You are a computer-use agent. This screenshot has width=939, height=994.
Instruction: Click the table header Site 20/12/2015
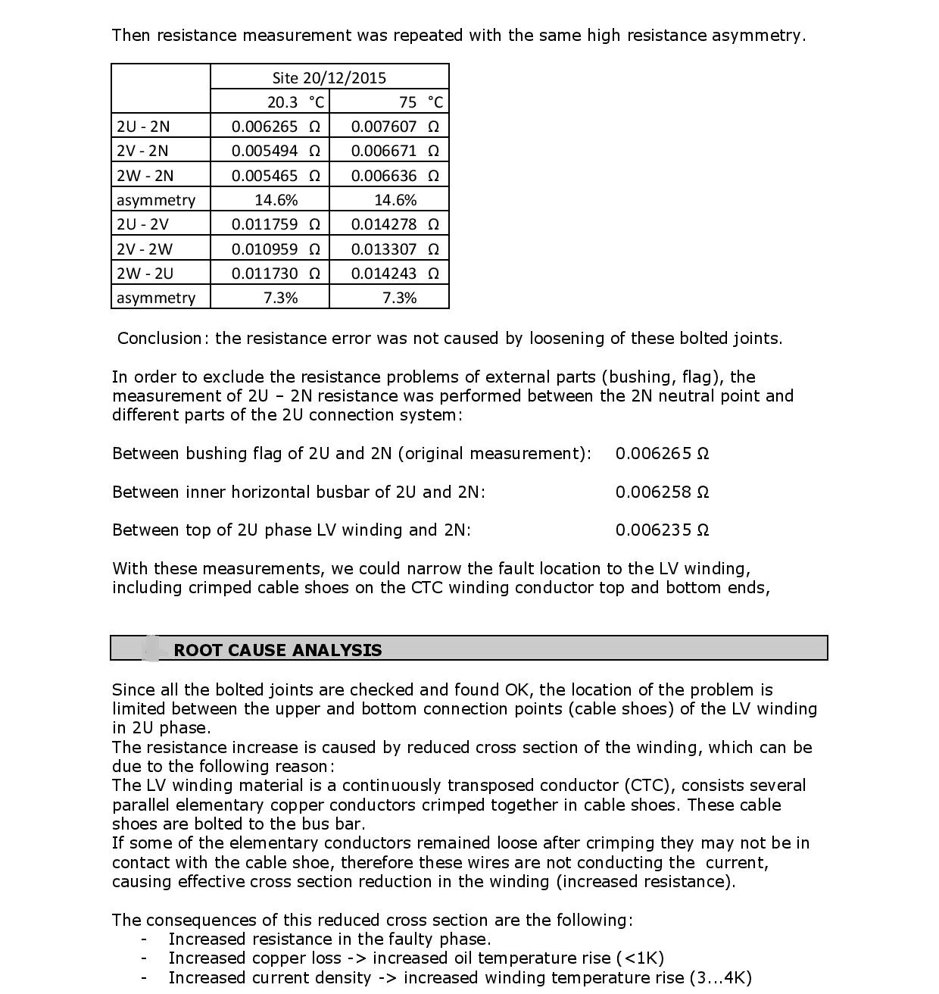click(x=329, y=77)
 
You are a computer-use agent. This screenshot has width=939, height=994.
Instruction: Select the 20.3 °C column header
click(x=295, y=102)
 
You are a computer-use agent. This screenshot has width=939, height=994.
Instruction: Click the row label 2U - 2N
click(x=143, y=127)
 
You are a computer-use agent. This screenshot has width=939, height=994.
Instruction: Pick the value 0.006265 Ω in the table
click(x=275, y=127)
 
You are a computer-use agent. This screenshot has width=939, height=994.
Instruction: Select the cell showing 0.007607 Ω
click(x=394, y=127)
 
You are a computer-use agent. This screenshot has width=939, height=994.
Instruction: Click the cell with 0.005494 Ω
click(x=275, y=151)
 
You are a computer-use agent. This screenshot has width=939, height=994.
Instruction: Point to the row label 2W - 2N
click(x=145, y=176)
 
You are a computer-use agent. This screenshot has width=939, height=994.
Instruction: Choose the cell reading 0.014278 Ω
click(x=394, y=224)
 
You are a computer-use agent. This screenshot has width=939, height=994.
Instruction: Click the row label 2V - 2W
click(x=144, y=249)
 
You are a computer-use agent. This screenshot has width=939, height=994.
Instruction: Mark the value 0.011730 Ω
click(x=275, y=274)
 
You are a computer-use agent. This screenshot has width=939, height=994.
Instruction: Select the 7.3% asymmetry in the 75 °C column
click(x=399, y=298)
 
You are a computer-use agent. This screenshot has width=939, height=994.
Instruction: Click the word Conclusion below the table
click(x=160, y=339)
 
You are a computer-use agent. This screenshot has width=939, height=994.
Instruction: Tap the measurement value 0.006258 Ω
click(x=661, y=492)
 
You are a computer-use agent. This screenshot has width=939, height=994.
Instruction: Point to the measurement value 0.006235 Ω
click(x=661, y=530)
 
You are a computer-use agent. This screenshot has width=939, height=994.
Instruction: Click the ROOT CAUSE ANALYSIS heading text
click(x=277, y=650)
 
